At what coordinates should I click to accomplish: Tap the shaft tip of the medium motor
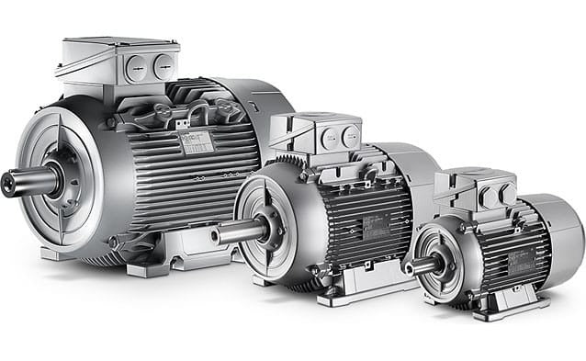(x=220, y=233)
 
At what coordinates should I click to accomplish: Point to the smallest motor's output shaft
(x=415, y=266)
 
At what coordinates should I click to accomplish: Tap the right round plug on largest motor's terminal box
(x=163, y=64)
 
